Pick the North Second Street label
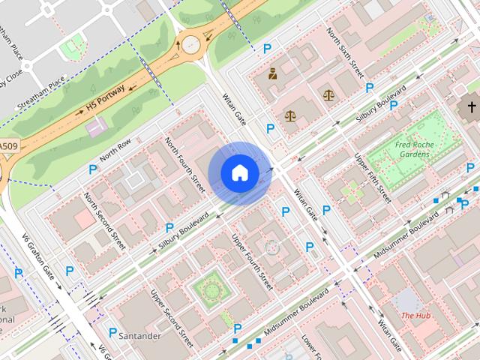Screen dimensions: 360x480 (x=105, y=221)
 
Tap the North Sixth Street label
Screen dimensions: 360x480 (x=345, y=53)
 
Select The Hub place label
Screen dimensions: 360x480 (x=415, y=316)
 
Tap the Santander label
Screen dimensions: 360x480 (x=140, y=337)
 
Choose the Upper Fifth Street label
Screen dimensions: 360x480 (x=372, y=178)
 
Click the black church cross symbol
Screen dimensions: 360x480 (x=472, y=107)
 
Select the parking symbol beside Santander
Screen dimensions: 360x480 (x=112, y=332)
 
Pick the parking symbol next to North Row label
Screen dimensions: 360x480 (x=93, y=170)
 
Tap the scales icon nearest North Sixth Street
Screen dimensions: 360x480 (x=328, y=95)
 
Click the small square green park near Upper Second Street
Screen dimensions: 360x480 (x=208, y=288)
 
